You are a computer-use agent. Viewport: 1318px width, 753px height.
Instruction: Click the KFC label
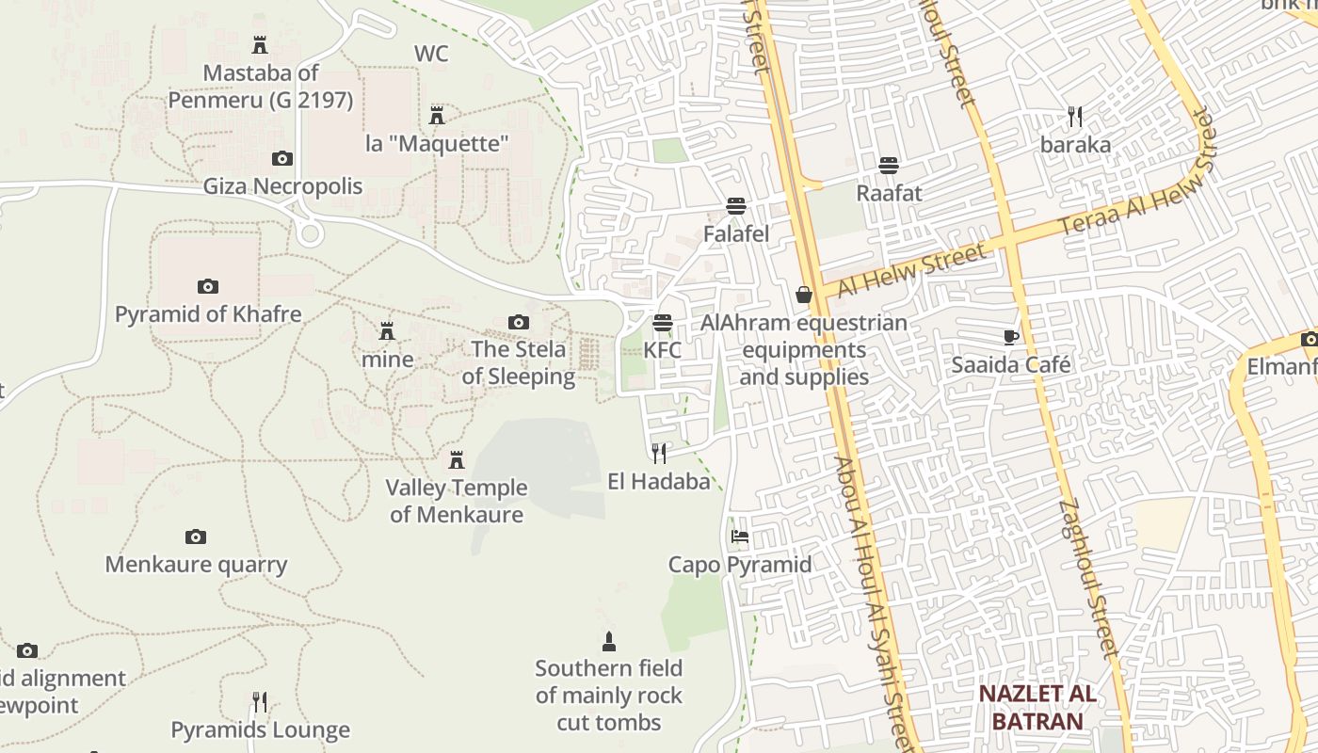click(662, 349)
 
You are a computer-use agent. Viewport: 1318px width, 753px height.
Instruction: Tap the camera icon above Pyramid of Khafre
click(208, 286)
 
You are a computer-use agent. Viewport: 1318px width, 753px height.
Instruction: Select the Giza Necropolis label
click(282, 186)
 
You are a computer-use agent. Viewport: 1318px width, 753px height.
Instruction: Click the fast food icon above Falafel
click(736, 206)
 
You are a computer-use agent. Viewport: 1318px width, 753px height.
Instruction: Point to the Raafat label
click(889, 193)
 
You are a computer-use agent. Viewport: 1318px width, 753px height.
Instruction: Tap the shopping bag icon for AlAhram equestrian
click(804, 295)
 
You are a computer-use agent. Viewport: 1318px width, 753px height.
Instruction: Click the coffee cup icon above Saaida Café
click(1011, 337)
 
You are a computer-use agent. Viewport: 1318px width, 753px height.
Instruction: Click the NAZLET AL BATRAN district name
click(1037, 708)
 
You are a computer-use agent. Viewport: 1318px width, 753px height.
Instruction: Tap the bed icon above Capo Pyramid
click(740, 537)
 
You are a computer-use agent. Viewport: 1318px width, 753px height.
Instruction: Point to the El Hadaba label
click(659, 482)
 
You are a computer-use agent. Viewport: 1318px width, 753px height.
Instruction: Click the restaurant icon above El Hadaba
click(659, 454)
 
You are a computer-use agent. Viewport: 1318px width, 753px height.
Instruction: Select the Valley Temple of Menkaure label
click(457, 501)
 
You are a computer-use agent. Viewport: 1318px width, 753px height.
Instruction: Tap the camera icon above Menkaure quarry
click(196, 537)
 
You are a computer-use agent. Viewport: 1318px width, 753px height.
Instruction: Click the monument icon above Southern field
click(609, 642)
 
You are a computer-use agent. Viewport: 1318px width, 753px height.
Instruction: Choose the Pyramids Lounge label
click(260, 729)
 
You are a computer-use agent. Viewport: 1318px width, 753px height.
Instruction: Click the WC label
click(431, 54)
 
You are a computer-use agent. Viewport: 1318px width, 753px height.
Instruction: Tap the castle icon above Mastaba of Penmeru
click(260, 44)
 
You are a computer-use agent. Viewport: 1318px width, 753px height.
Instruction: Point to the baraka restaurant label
click(1075, 145)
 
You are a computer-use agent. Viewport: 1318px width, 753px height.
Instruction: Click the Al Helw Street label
click(912, 269)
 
